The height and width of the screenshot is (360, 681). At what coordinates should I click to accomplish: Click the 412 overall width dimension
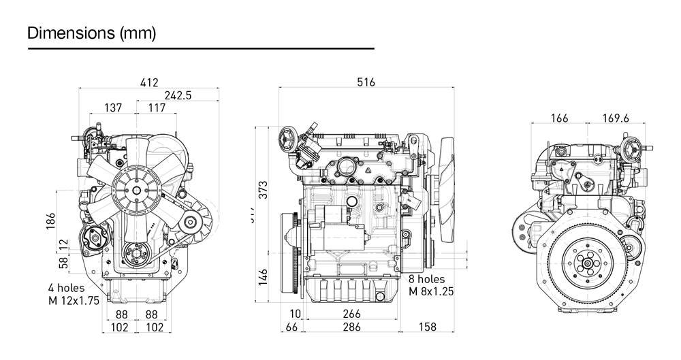point(149,83)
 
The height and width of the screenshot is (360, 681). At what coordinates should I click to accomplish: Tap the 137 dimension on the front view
point(114,108)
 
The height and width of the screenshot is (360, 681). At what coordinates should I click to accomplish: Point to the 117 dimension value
point(156,108)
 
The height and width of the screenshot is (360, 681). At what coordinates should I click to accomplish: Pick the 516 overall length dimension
point(366,83)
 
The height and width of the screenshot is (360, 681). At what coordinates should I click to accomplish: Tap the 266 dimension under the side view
point(352,314)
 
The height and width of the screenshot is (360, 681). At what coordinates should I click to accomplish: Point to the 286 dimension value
point(352,327)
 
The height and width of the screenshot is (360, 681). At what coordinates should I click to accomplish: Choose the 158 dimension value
point(426,327)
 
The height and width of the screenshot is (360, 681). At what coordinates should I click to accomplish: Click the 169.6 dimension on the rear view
point(616,118)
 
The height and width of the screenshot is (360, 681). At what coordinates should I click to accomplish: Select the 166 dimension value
point(558,118)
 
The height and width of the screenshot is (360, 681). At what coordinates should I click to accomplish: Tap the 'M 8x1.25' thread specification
point(431,292)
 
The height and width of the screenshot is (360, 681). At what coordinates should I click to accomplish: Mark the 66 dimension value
point(293,327)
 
